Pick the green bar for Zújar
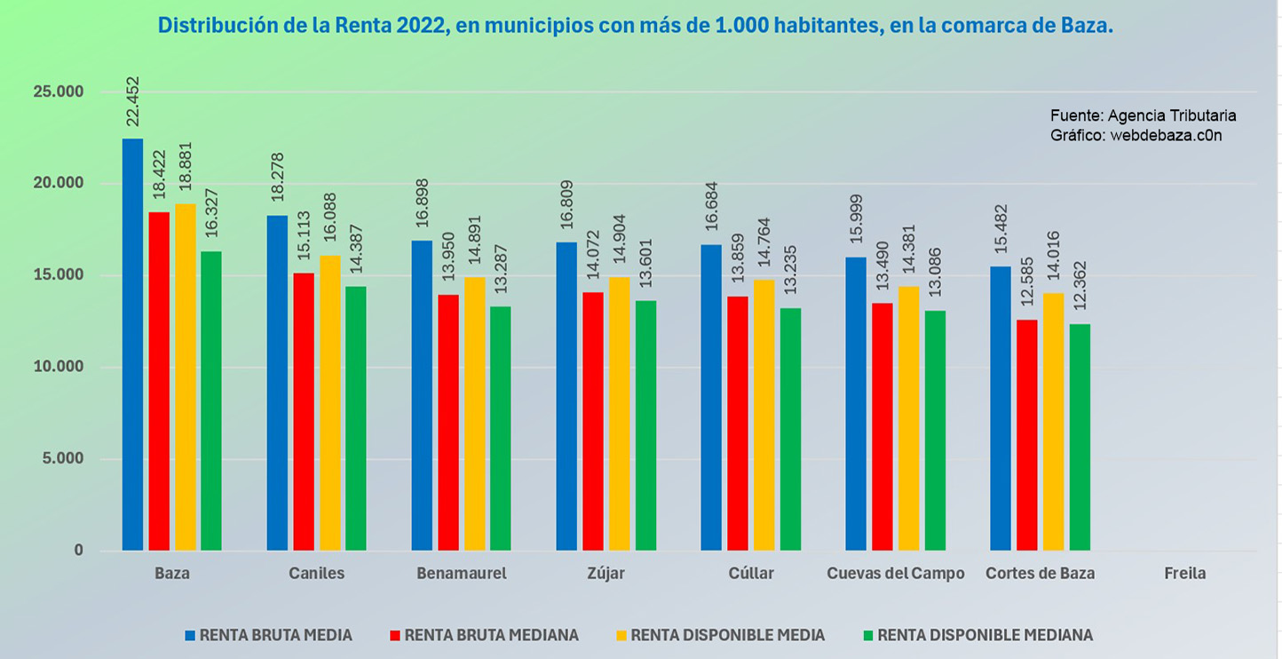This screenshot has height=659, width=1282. tap(645, 425)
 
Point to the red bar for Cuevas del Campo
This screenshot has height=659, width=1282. tap(882, 427)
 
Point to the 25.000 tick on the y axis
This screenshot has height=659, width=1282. tap(59, 92)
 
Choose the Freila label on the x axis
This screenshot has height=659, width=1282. tap(1185, 574)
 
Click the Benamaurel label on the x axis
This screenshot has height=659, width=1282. tap(462, 574)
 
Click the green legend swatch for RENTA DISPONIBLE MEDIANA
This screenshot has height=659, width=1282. tap(868, 635)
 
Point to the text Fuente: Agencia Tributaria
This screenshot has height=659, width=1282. tap(1143, 115)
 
